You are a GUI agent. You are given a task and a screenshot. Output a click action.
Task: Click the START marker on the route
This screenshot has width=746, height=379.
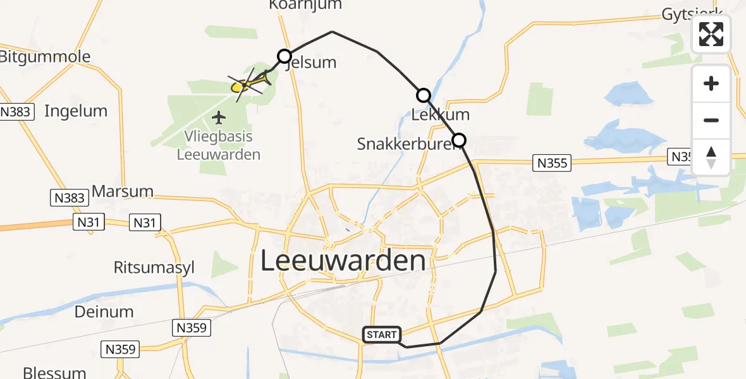pos(381,335)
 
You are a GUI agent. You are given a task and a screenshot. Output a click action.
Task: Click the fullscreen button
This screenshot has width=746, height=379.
pos(711,34)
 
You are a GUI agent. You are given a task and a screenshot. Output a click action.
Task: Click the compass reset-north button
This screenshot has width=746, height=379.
pos(711,157)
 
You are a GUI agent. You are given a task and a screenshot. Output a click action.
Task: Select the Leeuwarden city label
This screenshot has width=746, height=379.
pos(343,261)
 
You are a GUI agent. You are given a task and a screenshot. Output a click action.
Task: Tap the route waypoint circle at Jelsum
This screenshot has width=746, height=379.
pos(284,56)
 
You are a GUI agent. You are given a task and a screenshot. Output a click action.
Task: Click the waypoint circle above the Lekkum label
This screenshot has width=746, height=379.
pos(423,95)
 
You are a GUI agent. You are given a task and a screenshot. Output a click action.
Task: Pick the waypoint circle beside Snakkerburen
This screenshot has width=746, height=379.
pos(459,140)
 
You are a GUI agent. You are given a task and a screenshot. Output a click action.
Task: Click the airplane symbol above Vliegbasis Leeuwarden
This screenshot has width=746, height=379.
pos(219,117)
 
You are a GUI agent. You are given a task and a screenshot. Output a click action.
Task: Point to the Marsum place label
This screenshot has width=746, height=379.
pos(123,191)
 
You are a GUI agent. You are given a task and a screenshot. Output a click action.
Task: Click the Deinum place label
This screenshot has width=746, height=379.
pos(104,311)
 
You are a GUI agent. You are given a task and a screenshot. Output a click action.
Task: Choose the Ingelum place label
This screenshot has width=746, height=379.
pos(76,111)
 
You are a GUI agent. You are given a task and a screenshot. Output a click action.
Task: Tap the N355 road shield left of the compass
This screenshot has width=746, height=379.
pos(553,164)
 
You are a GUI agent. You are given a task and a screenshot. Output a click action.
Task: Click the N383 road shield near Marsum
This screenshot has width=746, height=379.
pos(68,198)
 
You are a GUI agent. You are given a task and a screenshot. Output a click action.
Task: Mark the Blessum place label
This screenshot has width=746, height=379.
pos(54,371)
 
